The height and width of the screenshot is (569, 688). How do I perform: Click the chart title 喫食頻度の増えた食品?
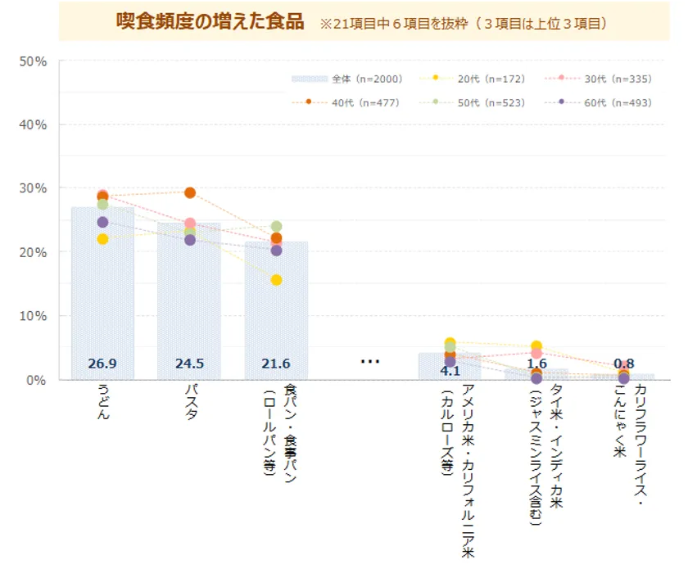tap(210, 21)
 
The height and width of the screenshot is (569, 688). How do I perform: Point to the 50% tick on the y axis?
tap(33, 61)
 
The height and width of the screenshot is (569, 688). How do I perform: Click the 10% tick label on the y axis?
tap(33, 316)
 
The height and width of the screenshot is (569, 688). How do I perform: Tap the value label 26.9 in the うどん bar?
tap(102, 364)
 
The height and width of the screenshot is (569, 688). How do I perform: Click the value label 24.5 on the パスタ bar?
tap(189, 364)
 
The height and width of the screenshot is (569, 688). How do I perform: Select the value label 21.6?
tap(276, 364)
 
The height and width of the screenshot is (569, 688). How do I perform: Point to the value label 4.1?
tap(450, 370)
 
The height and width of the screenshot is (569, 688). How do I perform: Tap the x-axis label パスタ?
tap(190, 404)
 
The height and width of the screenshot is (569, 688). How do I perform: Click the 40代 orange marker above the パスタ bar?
tap(190, 193)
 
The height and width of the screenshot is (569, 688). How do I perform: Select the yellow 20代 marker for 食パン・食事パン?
tap(276, 280)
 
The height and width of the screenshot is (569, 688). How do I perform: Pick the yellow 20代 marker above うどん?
tap(102, 239)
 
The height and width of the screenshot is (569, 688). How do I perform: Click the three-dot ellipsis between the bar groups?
tap(370, 361)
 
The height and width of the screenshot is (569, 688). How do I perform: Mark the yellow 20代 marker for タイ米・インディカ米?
tap(536, 346)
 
